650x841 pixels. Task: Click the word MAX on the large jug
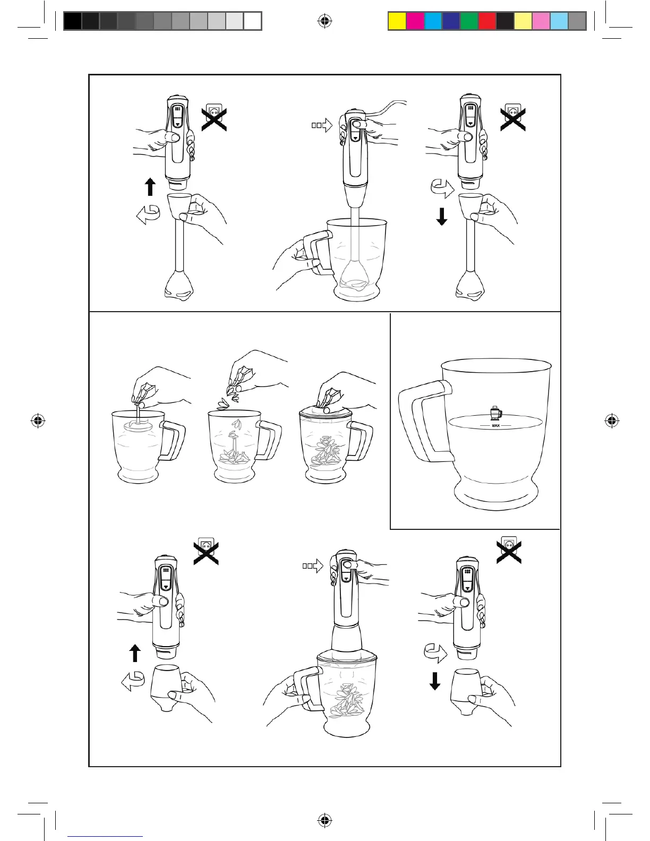click(495, 426)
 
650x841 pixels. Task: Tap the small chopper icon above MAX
click(495, 414)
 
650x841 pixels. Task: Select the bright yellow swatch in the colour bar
click(397, 21)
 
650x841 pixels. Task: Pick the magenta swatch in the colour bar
click(415, 21)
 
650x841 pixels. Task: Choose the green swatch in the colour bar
click(469, 21)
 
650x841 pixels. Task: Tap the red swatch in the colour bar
click(487, 21)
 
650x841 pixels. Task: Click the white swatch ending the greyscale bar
click(252, 21)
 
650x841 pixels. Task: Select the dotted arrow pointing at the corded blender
click(321, 125)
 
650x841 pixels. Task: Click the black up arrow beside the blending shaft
click(150, 187)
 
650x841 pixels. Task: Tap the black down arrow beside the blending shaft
click(441, 217)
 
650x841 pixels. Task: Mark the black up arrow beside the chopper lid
click(135, 653)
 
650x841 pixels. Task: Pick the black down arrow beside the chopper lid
click(435, 681)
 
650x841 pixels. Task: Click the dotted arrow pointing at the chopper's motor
click(313, 566)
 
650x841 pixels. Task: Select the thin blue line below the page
click(105, 836)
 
